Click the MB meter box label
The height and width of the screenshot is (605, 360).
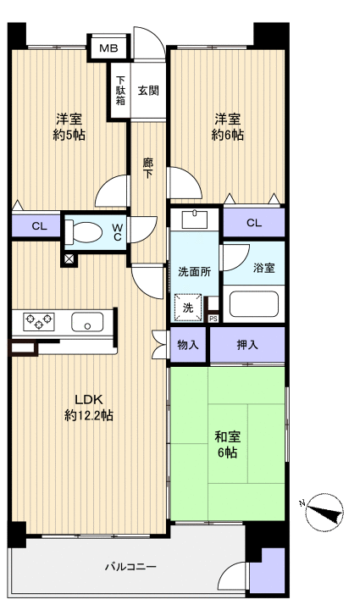[108, 48]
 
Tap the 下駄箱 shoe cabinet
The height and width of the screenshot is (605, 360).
[120, 91]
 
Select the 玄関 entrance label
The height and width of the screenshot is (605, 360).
[148, 91]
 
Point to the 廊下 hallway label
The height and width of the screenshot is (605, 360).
[147, 169]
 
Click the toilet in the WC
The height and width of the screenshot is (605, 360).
[83, 232]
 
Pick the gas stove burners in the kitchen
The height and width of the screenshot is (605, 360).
[38, 321]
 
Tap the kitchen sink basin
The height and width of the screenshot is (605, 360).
[87, 322]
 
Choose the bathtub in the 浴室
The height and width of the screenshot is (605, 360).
[254, 303]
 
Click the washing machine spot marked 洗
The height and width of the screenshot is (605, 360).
[188, 308]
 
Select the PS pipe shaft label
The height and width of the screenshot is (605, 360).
[213, 319]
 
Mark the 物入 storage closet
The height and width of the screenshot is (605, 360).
[188, 345]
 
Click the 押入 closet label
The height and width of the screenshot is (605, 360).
[247, 345]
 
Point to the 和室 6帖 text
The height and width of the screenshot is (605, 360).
[228, 444]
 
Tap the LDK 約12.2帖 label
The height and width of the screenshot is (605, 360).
[89, 408]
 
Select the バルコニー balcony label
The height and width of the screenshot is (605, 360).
[130, 567]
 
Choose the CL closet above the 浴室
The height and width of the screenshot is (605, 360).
[254, 223]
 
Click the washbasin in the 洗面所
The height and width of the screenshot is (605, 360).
[195, 219]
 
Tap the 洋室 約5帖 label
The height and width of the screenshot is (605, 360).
[69, 127]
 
